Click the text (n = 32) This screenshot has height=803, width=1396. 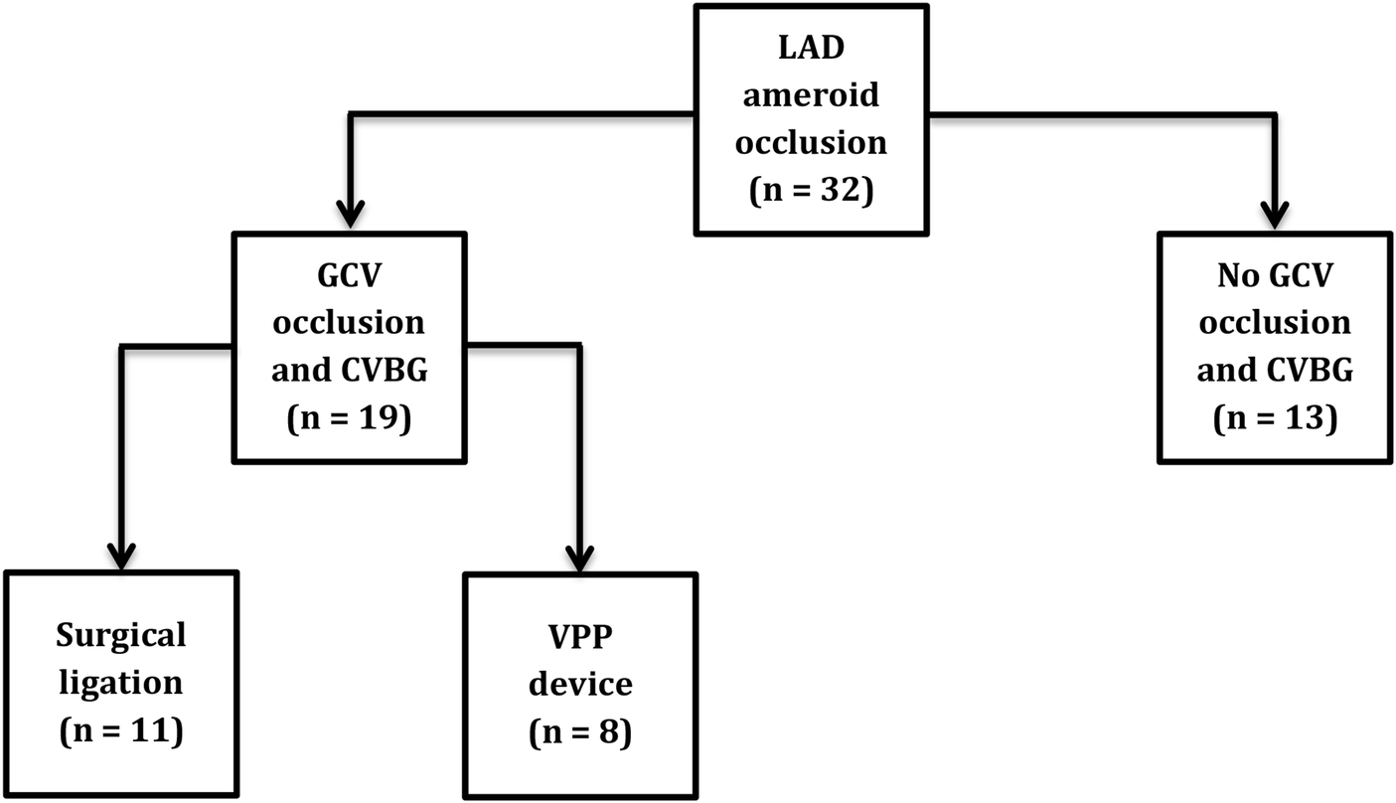pos(812,188)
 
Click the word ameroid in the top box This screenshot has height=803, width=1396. pos(812,95)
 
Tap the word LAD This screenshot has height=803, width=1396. pos(812,49)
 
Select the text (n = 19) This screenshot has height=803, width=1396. pos(348,418)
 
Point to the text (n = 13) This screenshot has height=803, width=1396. pos(1274,418)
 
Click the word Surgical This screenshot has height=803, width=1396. pos(121,635)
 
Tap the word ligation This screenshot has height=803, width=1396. pos(120,683)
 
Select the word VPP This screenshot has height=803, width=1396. pos(580,635)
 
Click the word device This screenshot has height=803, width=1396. pos(580,683)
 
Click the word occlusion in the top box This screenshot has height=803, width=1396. pos(812,141)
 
